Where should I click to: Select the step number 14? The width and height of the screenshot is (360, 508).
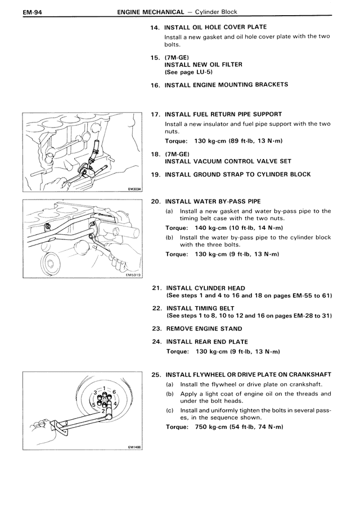154,27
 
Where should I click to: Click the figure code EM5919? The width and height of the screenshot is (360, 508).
133,275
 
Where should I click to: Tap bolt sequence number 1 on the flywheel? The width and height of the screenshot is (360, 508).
104,388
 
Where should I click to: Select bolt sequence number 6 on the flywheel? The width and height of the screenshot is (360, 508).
114,392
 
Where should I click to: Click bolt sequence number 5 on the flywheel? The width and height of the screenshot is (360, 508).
93,405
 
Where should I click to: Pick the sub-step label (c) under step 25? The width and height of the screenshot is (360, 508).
169,410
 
